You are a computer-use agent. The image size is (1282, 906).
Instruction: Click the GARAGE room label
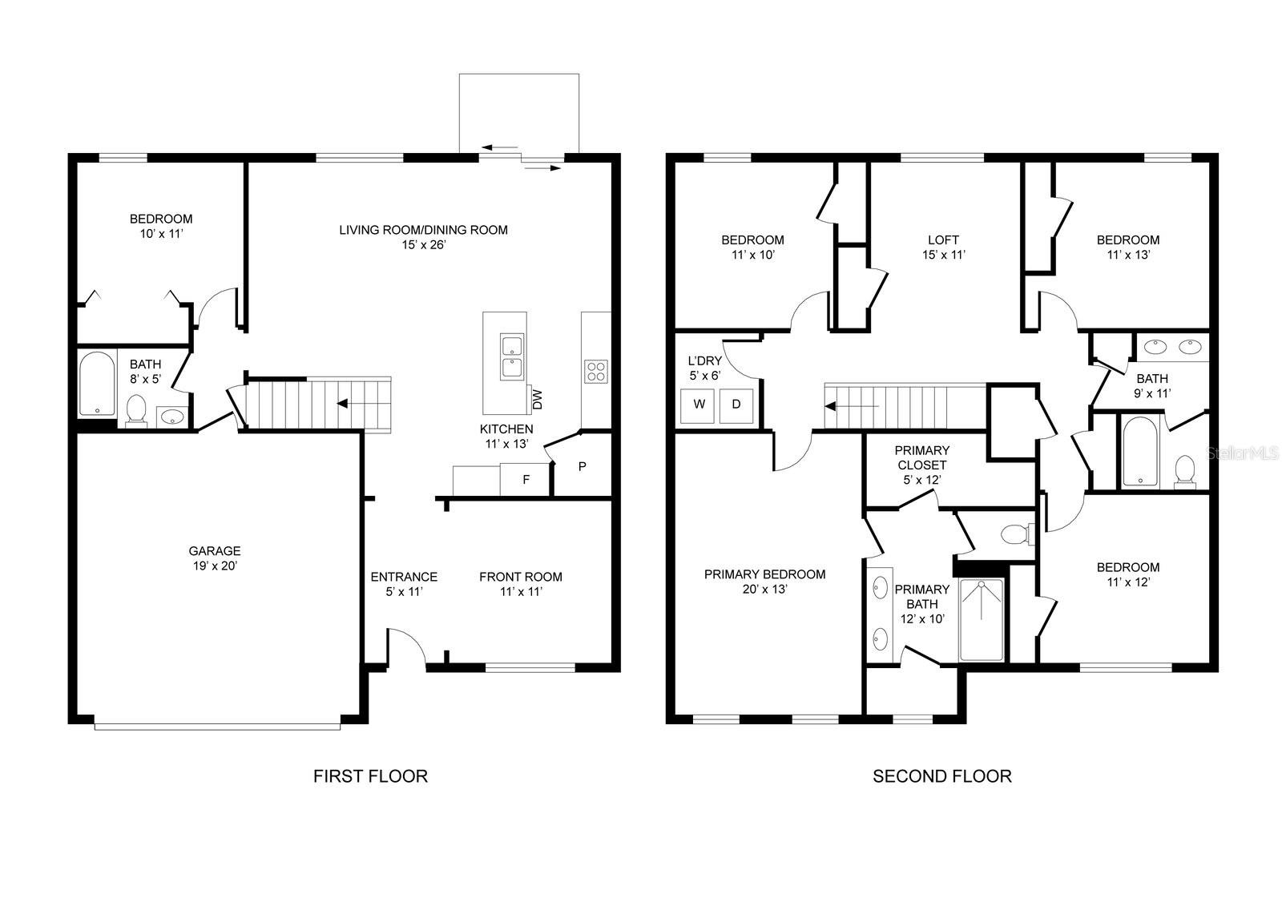pyautogui.click(x=214, y=551)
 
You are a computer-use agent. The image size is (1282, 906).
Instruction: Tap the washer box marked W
pyautogui.click(x=699, y=405)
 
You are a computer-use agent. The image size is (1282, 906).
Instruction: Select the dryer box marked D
pyautogui.click(x=736, y=405)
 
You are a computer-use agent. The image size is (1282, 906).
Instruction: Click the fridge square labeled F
pyautogui.click(x=526, y=480)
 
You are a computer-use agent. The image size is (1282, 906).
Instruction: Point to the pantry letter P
pyautogui.click(x=583, y=466)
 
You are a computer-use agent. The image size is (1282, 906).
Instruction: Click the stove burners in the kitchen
pyautogui.click(x=596, y=372)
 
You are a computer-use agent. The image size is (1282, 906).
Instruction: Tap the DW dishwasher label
pyautogui.click(x=537, y=398)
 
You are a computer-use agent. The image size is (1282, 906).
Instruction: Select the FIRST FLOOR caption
pyautogui.click(x=370, y=775)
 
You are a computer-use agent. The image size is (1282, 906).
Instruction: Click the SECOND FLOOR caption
pyautogui.click(x=941, y=775)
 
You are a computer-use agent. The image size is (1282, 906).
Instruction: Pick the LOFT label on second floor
pyautogui.click(x=943, y=240)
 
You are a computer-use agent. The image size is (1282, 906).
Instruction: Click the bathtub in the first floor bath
pyautogui.click(x=98, y=384)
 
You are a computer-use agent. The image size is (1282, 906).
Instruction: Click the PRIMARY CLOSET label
pyautogui.click(x=921, y=457)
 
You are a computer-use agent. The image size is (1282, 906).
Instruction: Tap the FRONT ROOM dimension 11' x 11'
pyautogui.click(x=521, y=592)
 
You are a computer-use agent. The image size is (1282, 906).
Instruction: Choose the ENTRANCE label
pyautogui.click(x=403, y=577)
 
